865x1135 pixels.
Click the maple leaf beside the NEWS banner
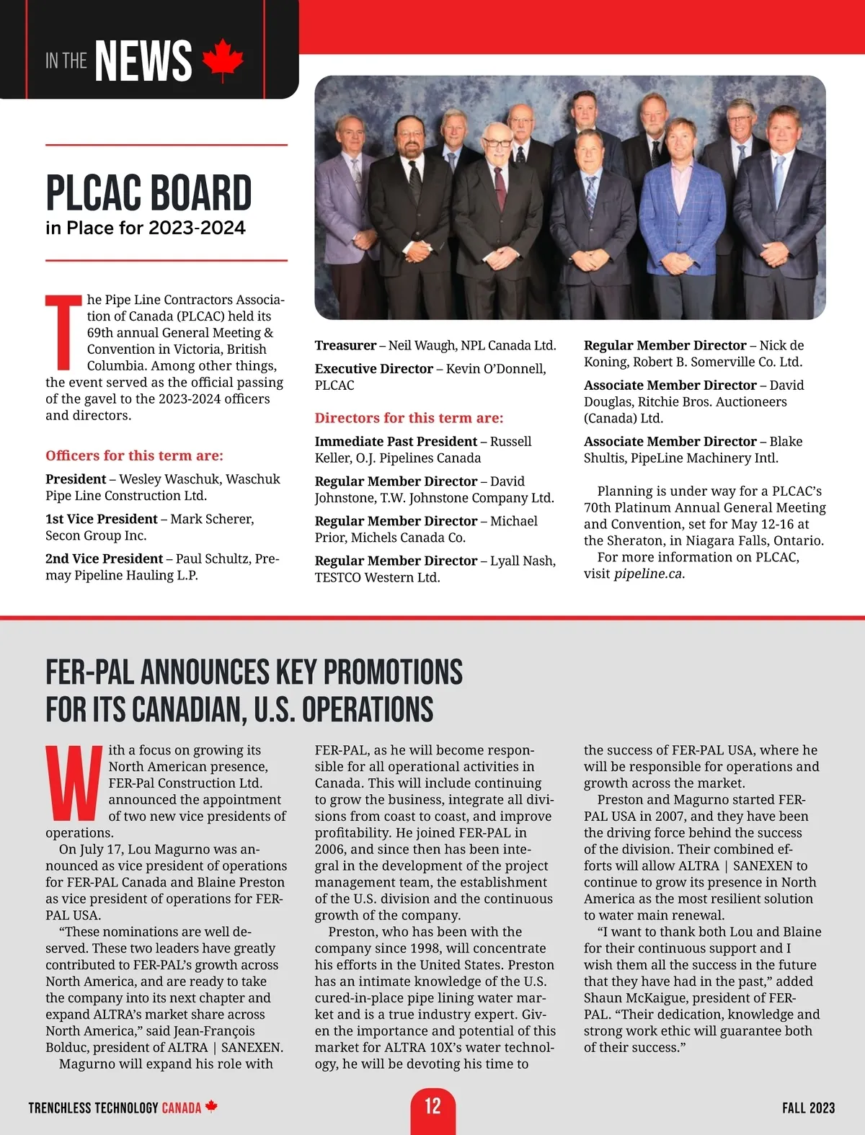223,61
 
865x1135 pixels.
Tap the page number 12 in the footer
432,1105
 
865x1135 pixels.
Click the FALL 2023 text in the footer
808,1108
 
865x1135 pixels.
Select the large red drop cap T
63,331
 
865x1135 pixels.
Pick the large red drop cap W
74,783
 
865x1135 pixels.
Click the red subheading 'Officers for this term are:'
134,455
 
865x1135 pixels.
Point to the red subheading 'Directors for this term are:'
409,418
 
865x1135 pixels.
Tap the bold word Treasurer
345,346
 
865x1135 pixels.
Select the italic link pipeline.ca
649,574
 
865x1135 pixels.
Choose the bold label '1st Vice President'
101,519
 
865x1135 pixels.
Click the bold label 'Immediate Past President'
396,441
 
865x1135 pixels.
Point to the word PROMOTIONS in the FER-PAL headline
393,672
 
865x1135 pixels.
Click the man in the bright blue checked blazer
680,209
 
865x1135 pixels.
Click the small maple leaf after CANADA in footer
211,1106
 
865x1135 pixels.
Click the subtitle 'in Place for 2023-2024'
146,228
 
